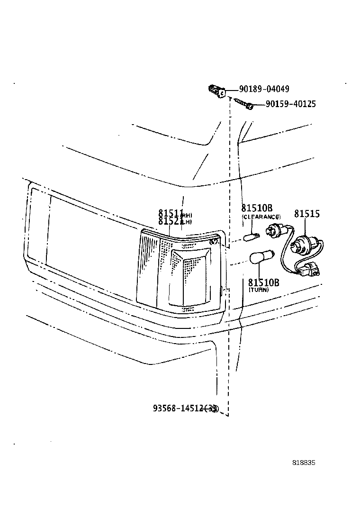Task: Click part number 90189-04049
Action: pos(264,89)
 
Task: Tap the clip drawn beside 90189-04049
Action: pos(216,91)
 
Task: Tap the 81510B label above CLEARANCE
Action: pos(257,209)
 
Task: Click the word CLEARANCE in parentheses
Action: pos(261,217)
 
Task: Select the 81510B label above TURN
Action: pos(264,283)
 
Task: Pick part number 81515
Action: pos(306,214)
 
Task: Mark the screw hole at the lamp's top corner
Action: pos(214,241)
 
